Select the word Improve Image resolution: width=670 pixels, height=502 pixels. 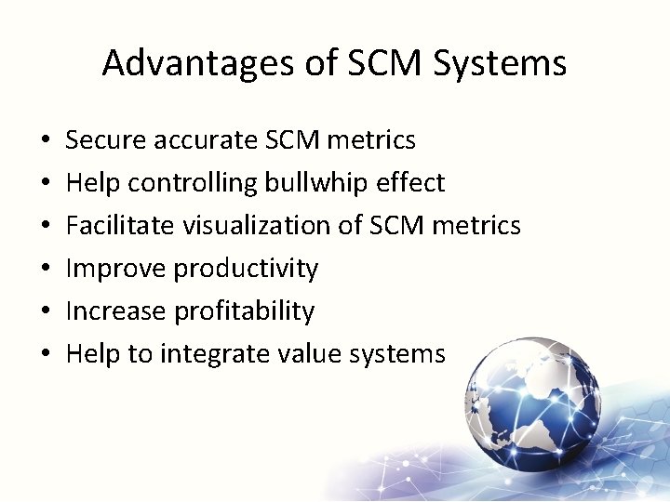pos(116,269)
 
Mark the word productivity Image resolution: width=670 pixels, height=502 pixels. pos(246,269)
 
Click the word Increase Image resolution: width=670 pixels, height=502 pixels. pos(118,310)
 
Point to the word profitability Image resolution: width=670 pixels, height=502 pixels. pos(245,310)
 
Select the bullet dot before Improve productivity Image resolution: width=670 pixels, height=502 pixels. pos(46,270)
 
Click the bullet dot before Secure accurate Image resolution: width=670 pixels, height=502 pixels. pos(46,141)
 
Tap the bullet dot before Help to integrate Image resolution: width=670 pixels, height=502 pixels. pos(46,355)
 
